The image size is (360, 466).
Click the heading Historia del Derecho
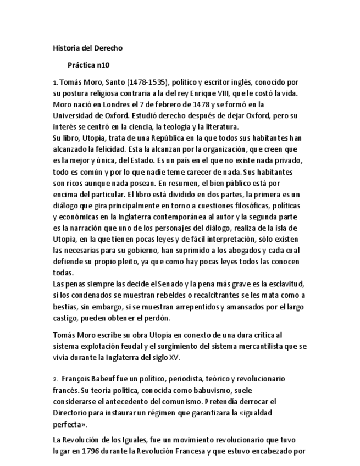[x=87, y=48]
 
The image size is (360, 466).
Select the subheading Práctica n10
[x=88, y=65]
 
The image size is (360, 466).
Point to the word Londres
[x=108, y=104]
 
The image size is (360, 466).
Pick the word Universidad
[x=74, y=116]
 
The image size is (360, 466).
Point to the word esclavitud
[x=285, y=284]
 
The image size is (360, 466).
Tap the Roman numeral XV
[x=175, y=357]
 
